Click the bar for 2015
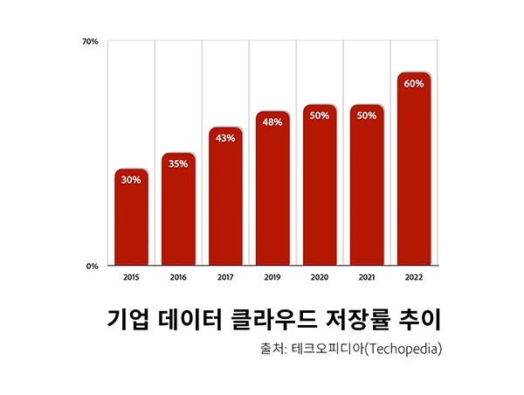(131, 218)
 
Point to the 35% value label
(178, 163)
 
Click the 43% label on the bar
(225, 138)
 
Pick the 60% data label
(414, 84)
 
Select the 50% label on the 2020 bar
(320, 116)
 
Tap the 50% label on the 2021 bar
(367, 116)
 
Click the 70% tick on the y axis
(90, 41)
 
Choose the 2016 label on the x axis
(178, 278)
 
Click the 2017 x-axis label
(225, 278)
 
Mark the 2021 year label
(367, 278)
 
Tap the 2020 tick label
(320, 278)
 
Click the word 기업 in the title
(126, 317)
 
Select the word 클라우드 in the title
(262, 317)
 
